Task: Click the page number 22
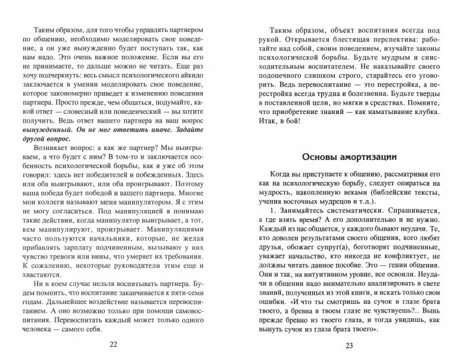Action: click(113, 343)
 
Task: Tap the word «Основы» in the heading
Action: click(312, 157)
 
